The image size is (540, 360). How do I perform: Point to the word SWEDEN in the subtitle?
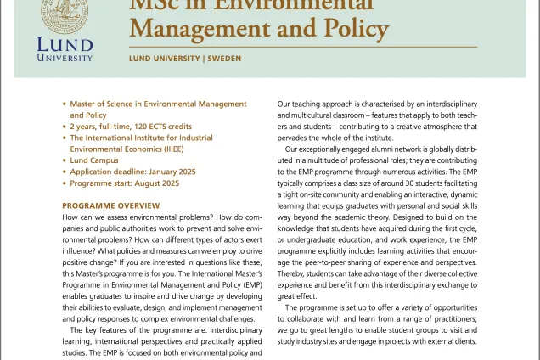click(224, 59)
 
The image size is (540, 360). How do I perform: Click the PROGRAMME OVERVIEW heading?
click(111, 205)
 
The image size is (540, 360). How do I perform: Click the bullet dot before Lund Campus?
click(65, 160)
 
